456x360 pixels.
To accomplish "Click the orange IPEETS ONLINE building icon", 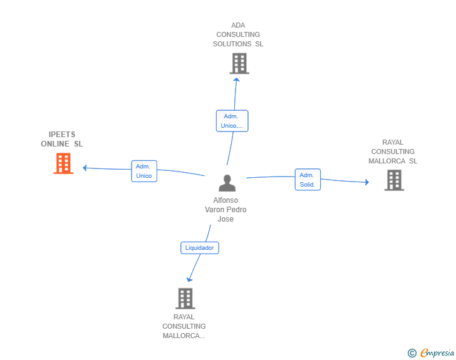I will (x=63, y=163).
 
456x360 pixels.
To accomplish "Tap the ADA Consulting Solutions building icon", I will (x=239, y=63).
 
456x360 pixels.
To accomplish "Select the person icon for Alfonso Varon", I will (x=227, y=183).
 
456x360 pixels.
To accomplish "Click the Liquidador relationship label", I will (x=200, y=248).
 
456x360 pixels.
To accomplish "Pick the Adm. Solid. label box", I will (x=308, y=180).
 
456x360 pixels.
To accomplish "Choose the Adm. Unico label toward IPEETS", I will (x=144, y=171).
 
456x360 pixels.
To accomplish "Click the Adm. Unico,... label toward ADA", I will (x=232, y=121).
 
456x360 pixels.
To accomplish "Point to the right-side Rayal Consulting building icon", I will (x=393, y=180).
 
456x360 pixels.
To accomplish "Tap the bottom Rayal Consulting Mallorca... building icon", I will (x=185, y=299).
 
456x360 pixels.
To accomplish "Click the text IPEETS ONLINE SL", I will (x=61, y=139).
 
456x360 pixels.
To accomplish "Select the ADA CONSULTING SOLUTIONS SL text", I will (x=238, y=35).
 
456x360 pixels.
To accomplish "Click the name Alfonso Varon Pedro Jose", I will (x=225, y=210).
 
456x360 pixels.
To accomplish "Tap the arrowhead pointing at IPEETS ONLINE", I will (x=86, y=167).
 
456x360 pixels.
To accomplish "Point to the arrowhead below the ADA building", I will (x=236, y=78).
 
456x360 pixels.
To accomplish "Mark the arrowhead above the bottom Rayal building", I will (x=189, y=279).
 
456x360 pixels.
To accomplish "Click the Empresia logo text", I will (x=437, y=353).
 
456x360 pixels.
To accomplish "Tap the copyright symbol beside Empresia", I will (x=412, y=353).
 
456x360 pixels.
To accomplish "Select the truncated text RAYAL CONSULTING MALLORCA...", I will (x=184, y=326).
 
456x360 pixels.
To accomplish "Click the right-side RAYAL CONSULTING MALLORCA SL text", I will (x=393, y=152).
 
